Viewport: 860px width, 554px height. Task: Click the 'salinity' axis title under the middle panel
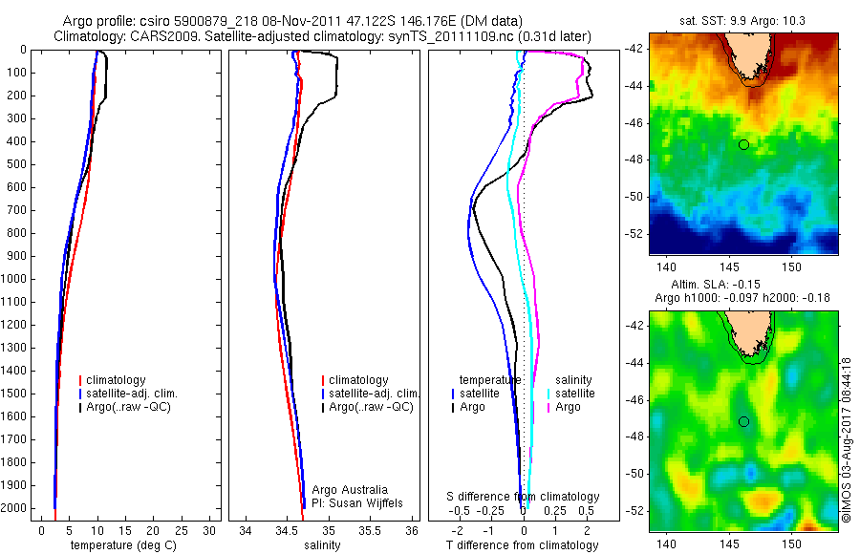(x=323, y=545)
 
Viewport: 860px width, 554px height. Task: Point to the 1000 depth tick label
(x=16, y=279)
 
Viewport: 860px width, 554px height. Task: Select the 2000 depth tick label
(x=16, y=508)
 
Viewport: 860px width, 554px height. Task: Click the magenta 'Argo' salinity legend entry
(x=568, y=407)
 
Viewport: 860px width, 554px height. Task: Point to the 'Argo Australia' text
(x=350, y=490)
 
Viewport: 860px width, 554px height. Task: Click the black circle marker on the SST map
(x=743, y=144)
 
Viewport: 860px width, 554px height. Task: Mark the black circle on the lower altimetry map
(x=743, y=421)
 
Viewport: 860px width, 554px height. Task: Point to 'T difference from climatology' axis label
(x=522, y=545)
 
